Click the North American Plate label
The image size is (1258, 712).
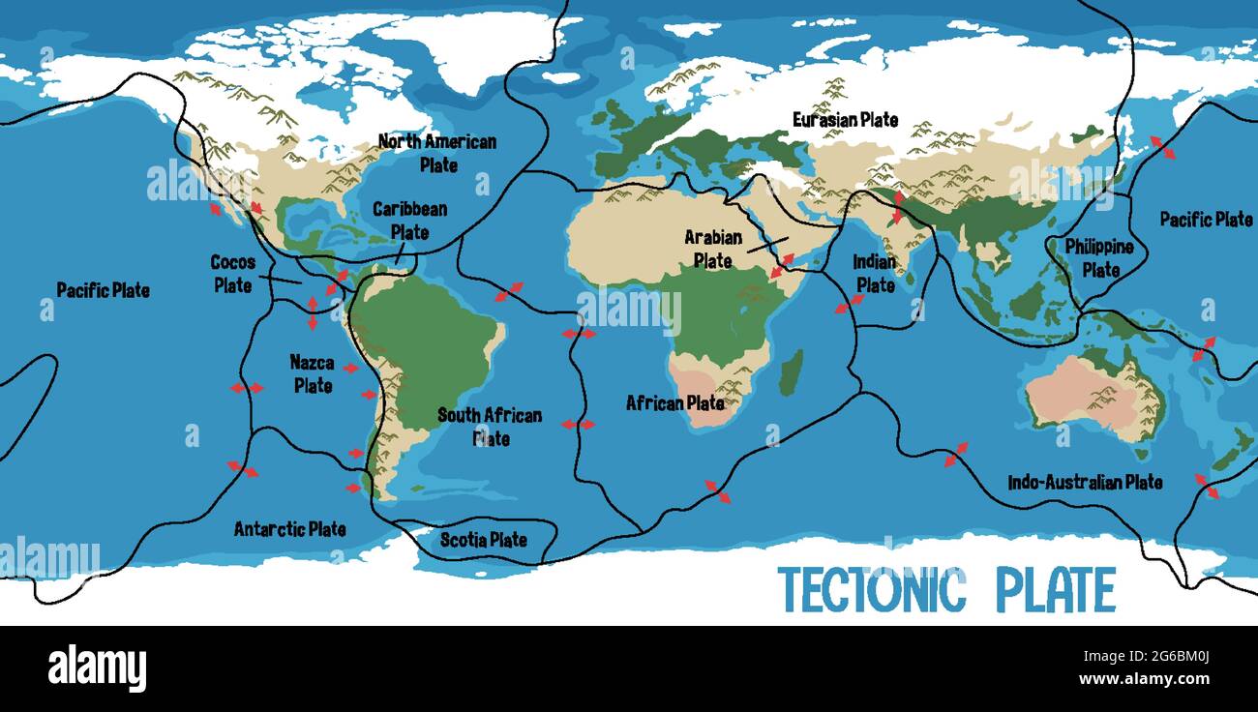(437, 153)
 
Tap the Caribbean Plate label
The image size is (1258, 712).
(409, 220)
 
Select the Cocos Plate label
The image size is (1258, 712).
(232, 274)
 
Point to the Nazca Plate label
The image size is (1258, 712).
(313, 374)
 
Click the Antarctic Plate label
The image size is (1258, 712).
(289, 529)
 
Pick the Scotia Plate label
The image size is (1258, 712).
(484, 540)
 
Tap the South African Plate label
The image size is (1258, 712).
(490, 427)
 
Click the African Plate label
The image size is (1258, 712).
(674, 402)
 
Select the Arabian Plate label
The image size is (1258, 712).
(713, 249)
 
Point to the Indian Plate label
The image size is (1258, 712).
(875, 274)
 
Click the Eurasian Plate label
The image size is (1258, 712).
(845, 120)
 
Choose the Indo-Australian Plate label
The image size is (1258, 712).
(1085, 482)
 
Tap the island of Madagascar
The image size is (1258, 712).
(791, 372)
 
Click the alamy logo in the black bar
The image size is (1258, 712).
(97, 668)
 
